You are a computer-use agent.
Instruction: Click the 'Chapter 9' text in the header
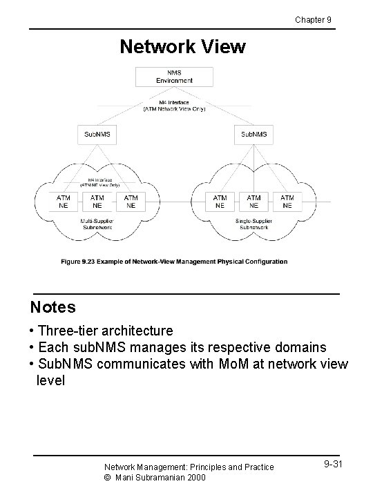(313, 19)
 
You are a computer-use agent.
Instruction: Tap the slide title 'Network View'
(182, 46)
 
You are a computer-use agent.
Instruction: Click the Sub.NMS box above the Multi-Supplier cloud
(97, 133)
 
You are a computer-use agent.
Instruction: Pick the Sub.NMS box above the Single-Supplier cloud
(254, 133)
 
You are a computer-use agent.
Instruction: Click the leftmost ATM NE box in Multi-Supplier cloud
(63, 201)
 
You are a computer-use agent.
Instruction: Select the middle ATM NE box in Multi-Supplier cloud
(97, 201)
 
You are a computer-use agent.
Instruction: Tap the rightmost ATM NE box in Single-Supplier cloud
(287, 201)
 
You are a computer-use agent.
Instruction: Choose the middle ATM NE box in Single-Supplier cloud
(254, 201)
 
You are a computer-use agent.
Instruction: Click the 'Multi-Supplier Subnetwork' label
(97, 223)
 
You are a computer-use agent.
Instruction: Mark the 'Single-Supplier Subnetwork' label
(254, 223)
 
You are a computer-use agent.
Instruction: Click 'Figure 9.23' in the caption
(78, 262)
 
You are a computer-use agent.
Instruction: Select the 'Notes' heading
(52, 306)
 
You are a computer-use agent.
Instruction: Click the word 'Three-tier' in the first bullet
(66, 331)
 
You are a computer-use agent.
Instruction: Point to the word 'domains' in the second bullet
(300, 347)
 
